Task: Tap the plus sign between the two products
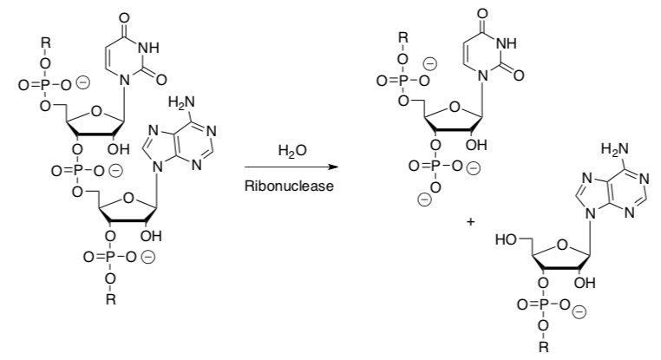(470, 222)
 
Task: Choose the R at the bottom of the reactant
(110, 299)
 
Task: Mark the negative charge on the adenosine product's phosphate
(580, 311)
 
